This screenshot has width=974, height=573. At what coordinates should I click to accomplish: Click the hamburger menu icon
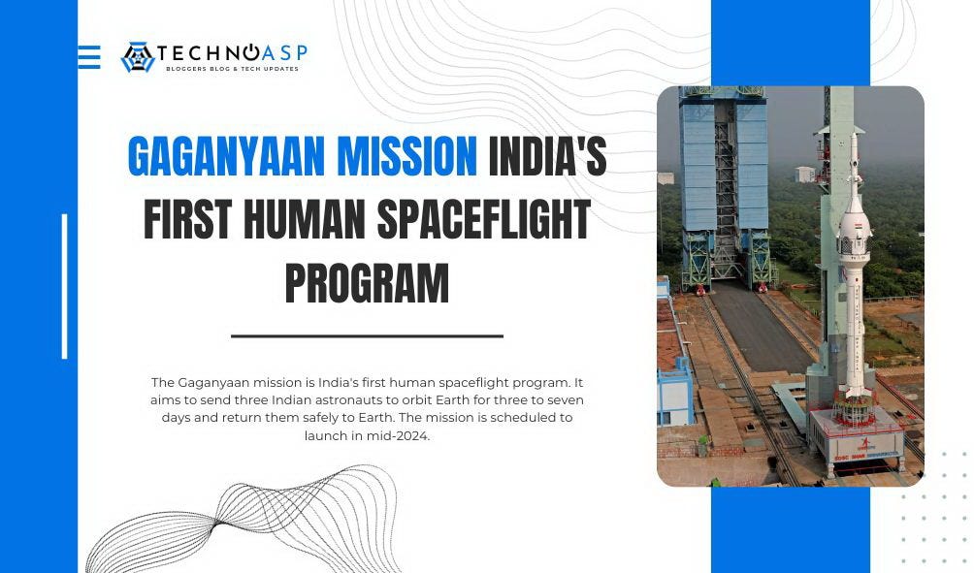89,57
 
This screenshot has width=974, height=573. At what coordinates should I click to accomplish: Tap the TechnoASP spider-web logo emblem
138,57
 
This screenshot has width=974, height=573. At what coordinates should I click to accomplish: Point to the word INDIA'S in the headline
547,157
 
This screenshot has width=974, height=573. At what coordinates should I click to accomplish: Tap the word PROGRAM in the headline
367,284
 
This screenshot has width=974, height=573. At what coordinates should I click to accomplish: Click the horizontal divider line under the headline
367,336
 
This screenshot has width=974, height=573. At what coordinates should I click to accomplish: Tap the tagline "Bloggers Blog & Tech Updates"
232,69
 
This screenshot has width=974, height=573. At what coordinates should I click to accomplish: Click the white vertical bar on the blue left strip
65,286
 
